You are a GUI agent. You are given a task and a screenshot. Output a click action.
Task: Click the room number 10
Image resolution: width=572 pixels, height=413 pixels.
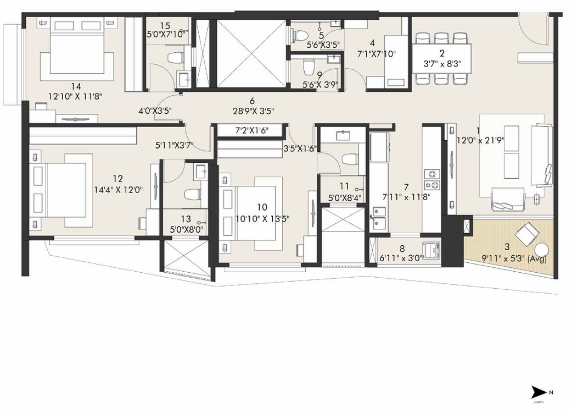[261, 207]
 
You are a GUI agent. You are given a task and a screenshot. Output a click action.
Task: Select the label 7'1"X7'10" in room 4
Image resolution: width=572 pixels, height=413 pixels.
[376, 54]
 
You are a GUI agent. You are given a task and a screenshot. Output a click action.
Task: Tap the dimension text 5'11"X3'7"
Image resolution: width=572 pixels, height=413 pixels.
[174, 146]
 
